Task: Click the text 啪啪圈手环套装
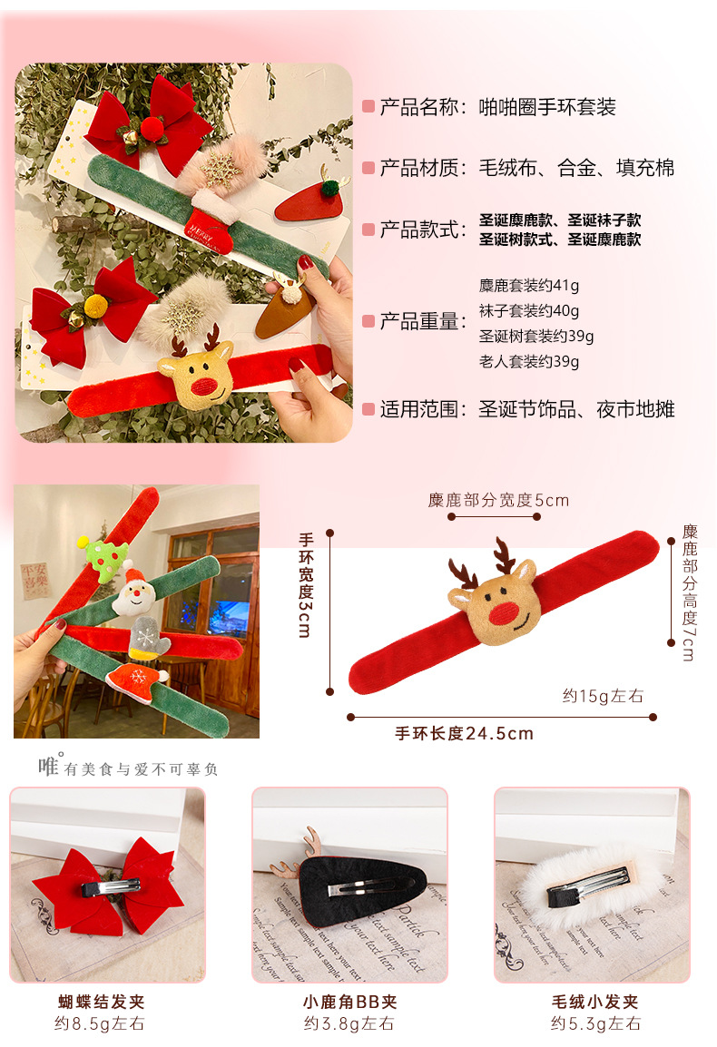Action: [547, 107]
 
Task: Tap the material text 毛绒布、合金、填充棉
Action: [576, 168]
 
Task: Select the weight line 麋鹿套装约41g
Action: [528, 286]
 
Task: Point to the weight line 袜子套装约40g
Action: [528, 311]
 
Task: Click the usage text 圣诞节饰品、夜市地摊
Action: [576, 409]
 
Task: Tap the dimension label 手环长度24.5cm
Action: [464, 734]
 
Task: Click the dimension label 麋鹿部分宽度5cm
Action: [498, 501]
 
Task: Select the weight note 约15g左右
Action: [603, 696]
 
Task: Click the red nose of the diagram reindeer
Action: [505, 613]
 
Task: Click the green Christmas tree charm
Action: [103, 557]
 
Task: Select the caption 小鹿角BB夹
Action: [349, 1003]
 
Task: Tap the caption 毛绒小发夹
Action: [594, 1003]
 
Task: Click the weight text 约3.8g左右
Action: [349, 1023]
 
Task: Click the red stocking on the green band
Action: [209, 218]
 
